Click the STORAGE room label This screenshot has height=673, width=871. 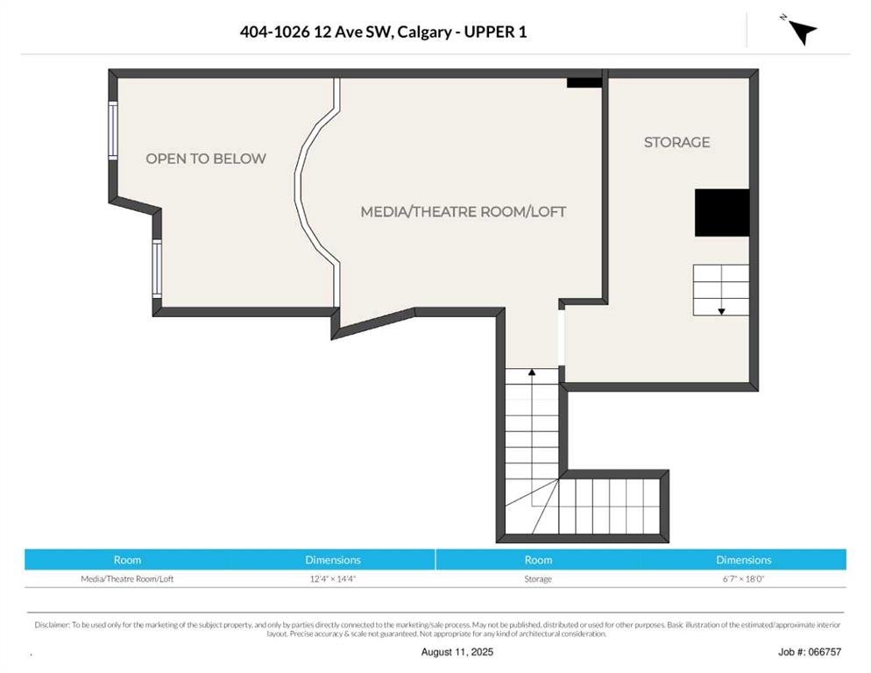pos(676,142)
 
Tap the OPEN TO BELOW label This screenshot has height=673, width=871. pos(206,159)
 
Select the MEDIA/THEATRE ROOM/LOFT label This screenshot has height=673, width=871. pos(464,212)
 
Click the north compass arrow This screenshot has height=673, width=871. pos(802,32)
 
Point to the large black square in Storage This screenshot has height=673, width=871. pos(722,212)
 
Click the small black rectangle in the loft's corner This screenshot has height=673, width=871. pos(584,82)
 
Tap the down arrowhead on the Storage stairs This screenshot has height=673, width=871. pos(721,312)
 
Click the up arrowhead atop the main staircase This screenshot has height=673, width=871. pos(532,372)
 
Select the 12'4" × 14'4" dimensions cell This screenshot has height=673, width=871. pos(333,578)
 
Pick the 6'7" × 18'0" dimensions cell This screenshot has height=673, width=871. pos(743,578)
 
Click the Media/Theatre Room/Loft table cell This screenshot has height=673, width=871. pos(127,578)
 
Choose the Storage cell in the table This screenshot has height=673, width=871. pos(538,578)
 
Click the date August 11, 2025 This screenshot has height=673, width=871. pos(457,652)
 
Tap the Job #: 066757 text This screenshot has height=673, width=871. pos(810,652)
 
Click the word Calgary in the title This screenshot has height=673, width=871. pos(424,32)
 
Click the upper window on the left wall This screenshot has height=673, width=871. pos(113,131)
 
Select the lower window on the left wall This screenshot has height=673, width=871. pos(157,268)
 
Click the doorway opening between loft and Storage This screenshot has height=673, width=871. pos(562,337)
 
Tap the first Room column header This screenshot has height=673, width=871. pos(127,560)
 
